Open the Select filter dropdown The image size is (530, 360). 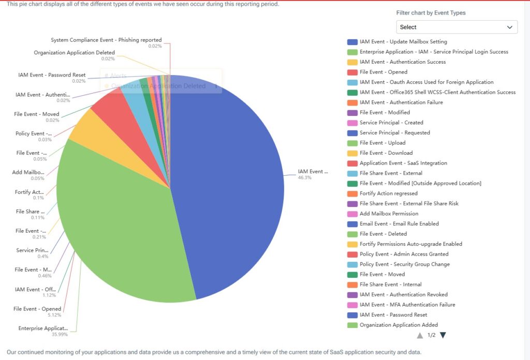click(x=457, y=27)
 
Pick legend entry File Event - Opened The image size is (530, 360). click(x=383, y=72)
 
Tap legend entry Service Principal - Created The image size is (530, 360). click(x=391, y=123)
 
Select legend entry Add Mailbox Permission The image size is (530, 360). click(x=389, y=214)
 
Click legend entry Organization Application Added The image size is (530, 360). click(x=398, y=325)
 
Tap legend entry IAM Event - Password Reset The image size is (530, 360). click(x=393, y=314)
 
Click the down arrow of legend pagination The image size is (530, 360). click(x=443, y=335)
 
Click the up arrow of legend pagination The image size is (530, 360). click(x=420, y=335)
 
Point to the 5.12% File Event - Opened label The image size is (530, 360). click(x=37, y=309)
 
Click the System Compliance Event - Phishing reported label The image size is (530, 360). click(x=106, y=40)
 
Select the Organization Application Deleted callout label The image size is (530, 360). click(x=74, y=53)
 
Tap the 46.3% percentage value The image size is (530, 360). click(x=304, y=177)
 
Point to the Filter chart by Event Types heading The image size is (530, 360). click(x=431, y=13)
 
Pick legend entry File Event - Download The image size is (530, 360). click(x=386, y=153)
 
